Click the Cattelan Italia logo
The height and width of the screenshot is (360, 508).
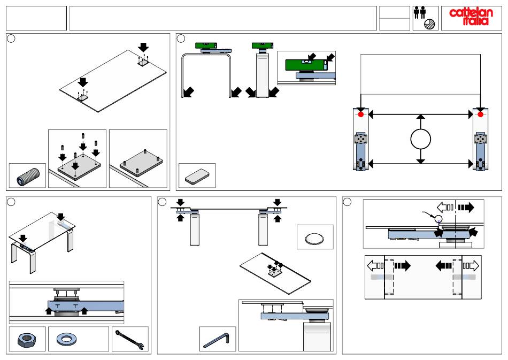471,17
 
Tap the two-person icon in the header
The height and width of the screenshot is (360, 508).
419,13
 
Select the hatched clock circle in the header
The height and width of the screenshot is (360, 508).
429,24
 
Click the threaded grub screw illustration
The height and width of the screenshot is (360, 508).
28,177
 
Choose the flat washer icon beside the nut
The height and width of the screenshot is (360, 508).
66,339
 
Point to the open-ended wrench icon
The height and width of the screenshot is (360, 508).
129,340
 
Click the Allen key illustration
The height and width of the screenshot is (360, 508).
216,340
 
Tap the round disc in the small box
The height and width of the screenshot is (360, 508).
314,239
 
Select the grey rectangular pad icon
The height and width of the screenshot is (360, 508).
197,177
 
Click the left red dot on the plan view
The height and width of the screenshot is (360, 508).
360,114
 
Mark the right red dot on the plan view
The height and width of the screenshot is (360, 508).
481,114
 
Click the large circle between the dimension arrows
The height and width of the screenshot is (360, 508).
420,139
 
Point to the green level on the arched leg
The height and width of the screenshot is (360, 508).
207,45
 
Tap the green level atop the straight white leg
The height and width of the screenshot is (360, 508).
263,45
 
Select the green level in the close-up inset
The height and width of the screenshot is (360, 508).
306,65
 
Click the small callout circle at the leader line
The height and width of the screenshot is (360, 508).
438,218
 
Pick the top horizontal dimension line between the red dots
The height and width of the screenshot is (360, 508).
420,114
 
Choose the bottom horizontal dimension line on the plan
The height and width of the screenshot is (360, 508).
420,164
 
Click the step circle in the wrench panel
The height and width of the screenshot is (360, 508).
11,202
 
